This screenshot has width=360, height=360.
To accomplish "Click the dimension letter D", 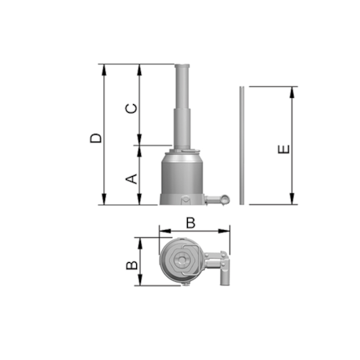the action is pyautogui.click(x=95, y=139).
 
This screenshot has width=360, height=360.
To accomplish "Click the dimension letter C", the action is pyautogui.click(x=131, y=109).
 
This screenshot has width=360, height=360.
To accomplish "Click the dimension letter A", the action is pyautogui.click(x=131, y=178).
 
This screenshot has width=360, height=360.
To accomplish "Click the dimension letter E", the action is pyautogui.click(x=284, y=149).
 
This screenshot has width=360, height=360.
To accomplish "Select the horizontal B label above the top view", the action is pyautogui.click(x=191, y=223).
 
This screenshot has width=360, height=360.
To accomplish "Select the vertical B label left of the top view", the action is pyautogui.click(x=131, y=265).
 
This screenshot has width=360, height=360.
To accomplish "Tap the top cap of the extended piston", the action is pyautogui.click(x=182, y=67).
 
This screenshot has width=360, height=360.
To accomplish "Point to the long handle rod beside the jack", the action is pyautogui.click(x=242, y=146).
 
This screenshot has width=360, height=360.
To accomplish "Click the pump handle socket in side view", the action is pyautogui.click(x=218, y=200).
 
